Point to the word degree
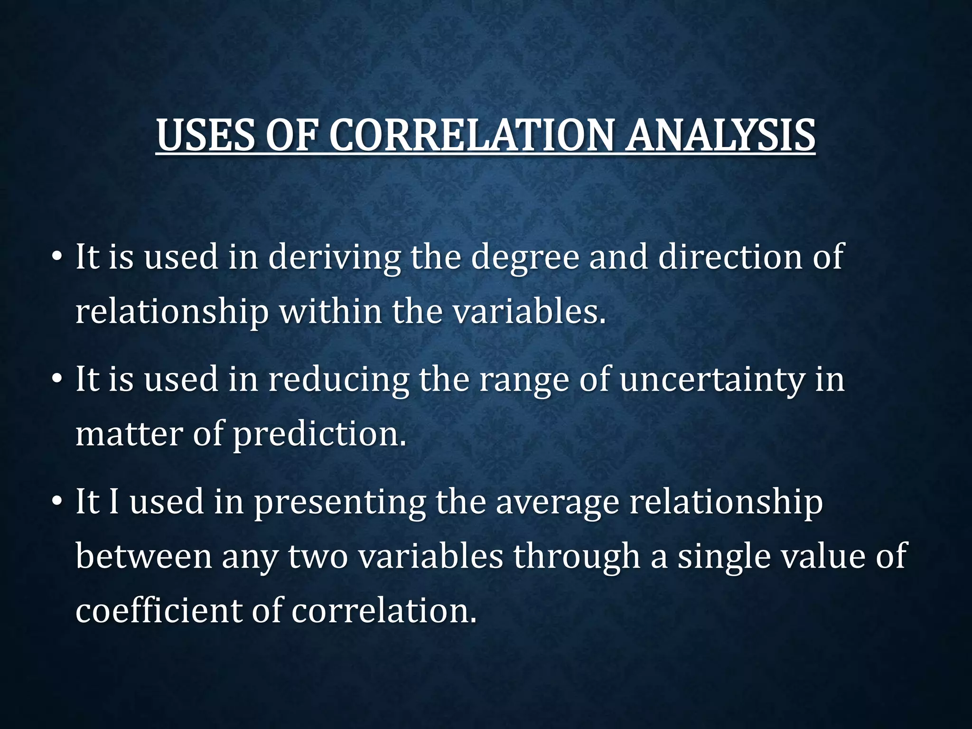[x=525, y=258]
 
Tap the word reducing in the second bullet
[x=338, y=380]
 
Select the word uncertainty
[x=712, y=380]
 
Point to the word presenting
[x=339, y=503]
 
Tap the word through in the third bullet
[x=576, y=557]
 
